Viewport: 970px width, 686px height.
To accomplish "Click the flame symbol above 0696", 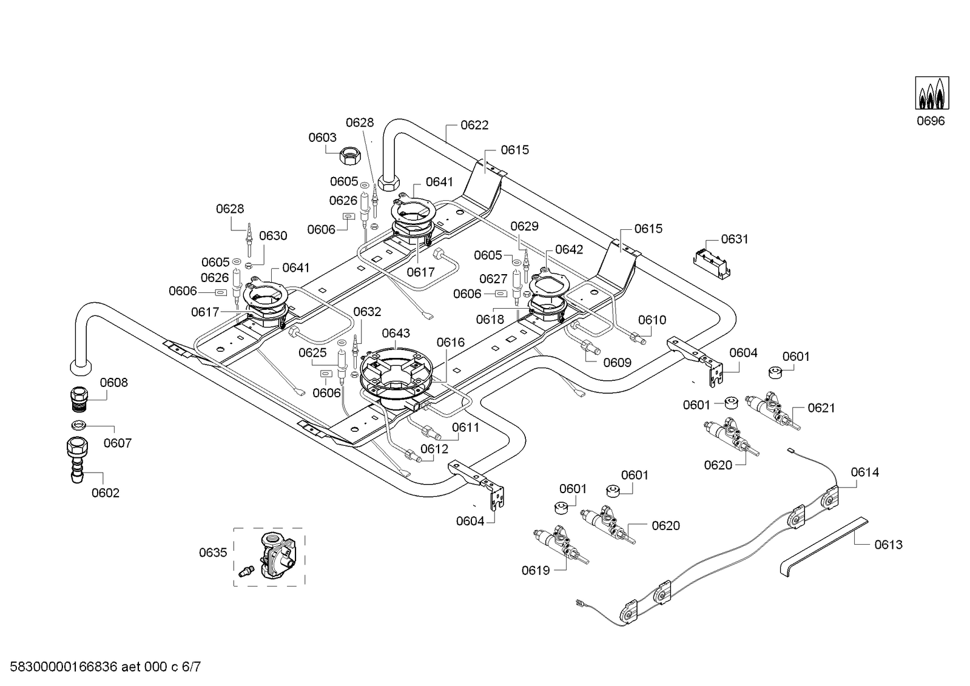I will [932, 93].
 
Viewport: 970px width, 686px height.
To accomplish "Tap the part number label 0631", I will [735, 239].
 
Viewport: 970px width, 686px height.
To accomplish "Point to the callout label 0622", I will [474, 125].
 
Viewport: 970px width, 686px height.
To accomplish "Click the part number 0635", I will [213, 553].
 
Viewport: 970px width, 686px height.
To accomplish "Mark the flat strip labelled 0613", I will [823, 543].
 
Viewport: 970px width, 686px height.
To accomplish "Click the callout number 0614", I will [864, 472].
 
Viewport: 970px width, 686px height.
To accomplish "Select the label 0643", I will [396, 333].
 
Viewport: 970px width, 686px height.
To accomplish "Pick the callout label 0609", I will [617, 363].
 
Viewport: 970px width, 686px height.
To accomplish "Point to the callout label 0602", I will [106, 493].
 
